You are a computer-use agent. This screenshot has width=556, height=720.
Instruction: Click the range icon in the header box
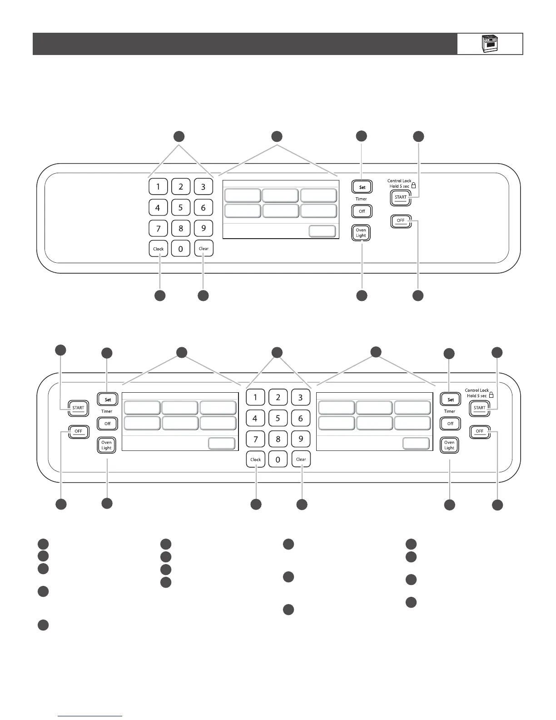click(x=489, y=44)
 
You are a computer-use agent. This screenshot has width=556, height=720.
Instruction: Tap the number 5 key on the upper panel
click(x=181, y=207)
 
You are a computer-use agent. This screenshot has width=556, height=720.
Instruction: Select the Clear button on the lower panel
click(x=301, y=459)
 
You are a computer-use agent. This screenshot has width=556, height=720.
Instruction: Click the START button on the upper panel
click(x=401, y=197)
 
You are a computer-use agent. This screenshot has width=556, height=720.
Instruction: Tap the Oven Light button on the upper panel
click(x=361, y=233)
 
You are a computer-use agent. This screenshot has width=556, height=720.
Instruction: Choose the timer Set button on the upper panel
click(x=362, y=187)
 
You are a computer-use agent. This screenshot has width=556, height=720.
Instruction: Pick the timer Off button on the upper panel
click(x=362, y=211)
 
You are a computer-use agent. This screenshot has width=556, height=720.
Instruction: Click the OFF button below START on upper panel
click(x=401, y=220)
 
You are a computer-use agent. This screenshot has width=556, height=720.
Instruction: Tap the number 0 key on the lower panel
click(x=278, y=460)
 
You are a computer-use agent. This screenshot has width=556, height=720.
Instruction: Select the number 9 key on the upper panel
click(x=204, y=228)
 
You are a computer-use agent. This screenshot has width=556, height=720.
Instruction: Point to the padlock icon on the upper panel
click(x=413, y=185)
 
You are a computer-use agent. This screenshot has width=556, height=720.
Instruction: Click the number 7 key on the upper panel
click(x=158, y=228)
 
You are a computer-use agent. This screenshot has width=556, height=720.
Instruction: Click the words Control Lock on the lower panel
click(x=477, y=390)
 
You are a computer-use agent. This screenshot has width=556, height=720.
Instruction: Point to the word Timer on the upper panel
click(x=361, y=199)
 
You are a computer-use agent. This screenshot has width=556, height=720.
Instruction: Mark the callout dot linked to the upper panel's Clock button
click(x=159, y=295)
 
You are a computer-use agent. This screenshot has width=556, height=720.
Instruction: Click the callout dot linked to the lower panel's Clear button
click(x=302, y=504)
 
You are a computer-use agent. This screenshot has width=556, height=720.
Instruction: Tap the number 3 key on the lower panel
click(x=300, y=397)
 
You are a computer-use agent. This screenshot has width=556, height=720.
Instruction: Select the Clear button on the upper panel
click(x=204, y=249)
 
